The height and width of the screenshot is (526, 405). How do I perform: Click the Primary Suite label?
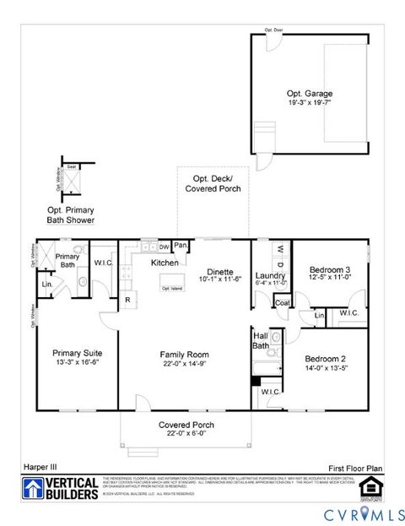[x=77, y=354]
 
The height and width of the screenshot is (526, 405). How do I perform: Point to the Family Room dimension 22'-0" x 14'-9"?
[x=185, y=364]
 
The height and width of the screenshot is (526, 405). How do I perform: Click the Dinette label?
[x=221, y=271]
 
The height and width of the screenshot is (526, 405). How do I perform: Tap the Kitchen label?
[x=165, y=263]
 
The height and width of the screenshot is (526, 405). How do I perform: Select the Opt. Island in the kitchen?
[x=171, y=288]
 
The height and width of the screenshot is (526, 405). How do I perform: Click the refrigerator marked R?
[x=127, y=300]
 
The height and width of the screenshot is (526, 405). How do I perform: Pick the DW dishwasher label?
[x=163, y=247]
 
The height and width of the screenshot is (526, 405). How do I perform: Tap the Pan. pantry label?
[x=181, y=246]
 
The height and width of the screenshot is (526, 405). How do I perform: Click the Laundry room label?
[x=271, y=275]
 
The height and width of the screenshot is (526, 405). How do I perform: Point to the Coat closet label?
[x=282, y=302]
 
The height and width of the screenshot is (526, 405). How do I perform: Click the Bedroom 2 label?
[x=328, y=358]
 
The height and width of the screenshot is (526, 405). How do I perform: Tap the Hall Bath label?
[x=261, y=339]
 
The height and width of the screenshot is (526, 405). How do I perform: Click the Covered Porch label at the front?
[x=186, y=425]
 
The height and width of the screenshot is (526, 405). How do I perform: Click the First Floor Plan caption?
[x=356, y=466]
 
